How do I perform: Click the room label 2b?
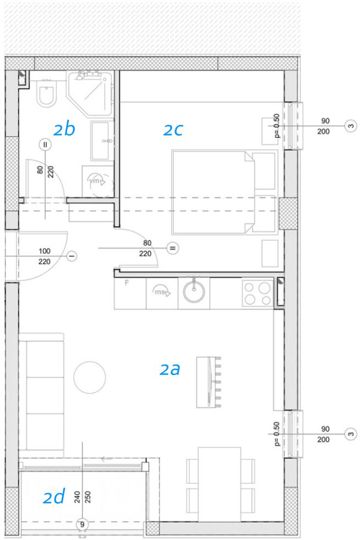coord(64,129)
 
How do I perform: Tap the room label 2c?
coord(173,130)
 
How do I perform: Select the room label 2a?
coord(170,369)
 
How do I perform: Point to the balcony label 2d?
coord(53,497)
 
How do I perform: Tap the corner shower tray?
coord(90,94)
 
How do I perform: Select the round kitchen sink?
coord(194,292)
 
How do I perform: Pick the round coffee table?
coord(89,377)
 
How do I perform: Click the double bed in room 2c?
coord(224,192)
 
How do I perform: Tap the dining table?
coord(219,484)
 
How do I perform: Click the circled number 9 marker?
coord(82,525)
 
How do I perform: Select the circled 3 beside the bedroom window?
coord(351,126)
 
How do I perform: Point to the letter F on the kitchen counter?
coord(127,283)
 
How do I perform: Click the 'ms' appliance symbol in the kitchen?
coord(162,292)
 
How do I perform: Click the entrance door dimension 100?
coord(45,251)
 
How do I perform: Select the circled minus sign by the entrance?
coord(72,256)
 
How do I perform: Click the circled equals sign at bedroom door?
coord(173,248)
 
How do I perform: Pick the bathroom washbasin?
coord(102,141)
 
